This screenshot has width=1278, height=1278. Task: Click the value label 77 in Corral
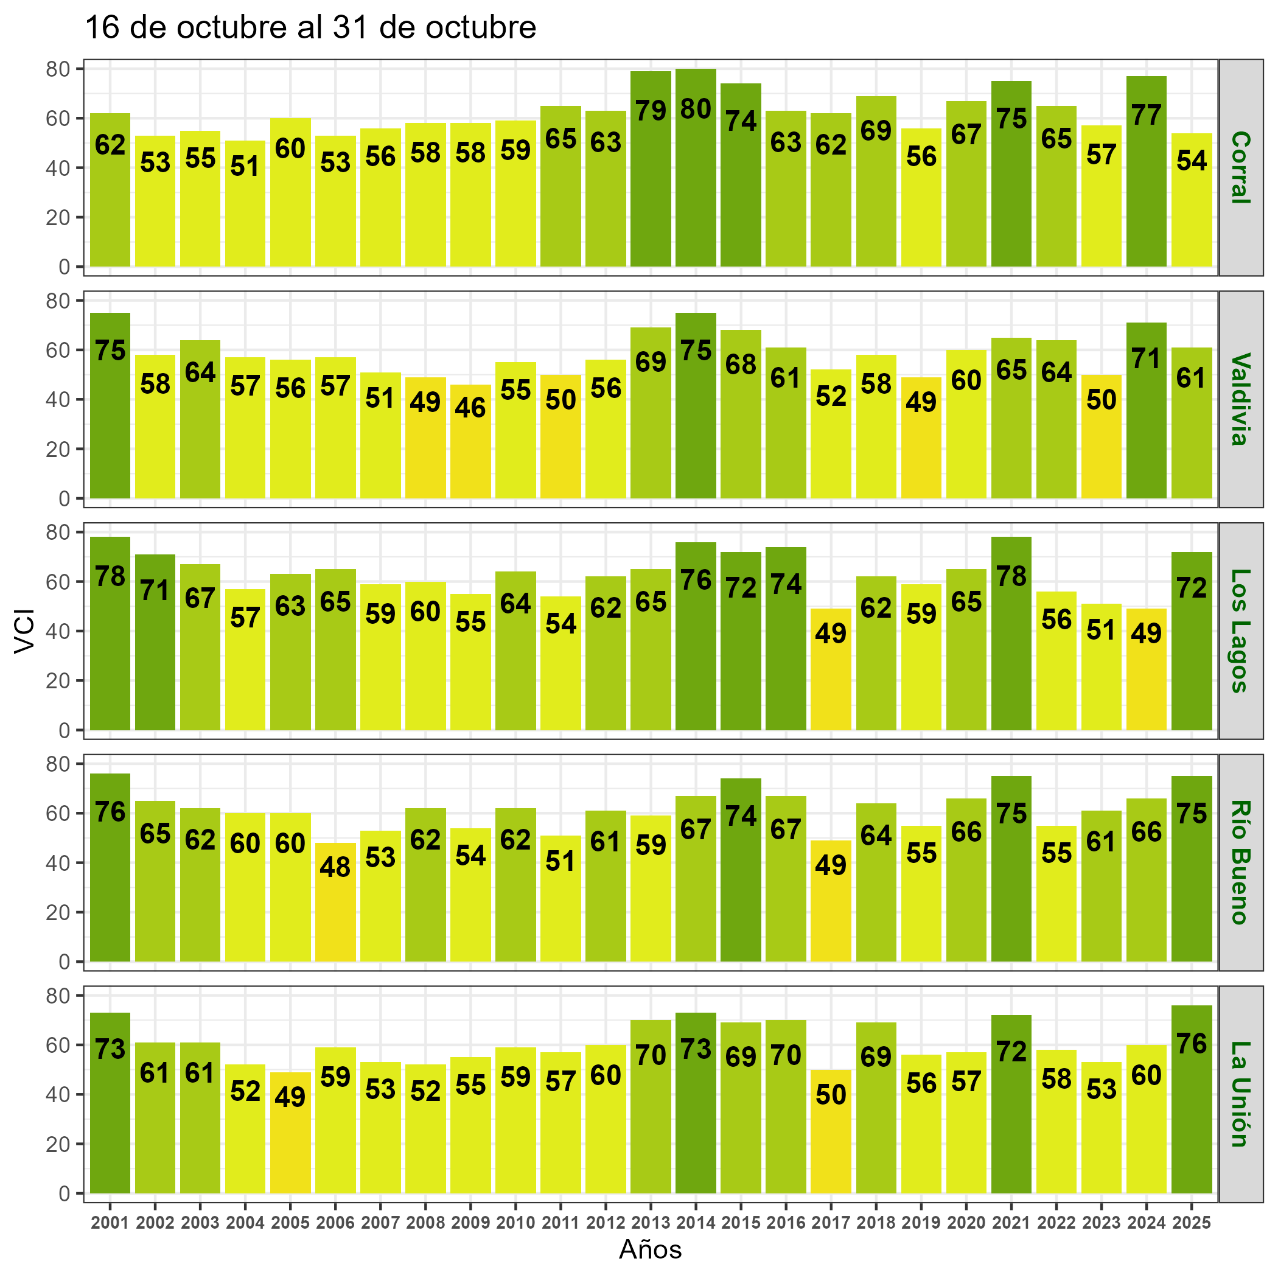(x=1146, y=116)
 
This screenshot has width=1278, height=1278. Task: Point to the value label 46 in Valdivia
(x=470, y=408)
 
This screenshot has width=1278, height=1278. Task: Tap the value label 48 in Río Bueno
(x=335, y=867)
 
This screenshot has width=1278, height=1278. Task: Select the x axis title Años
(x=650, y=1249)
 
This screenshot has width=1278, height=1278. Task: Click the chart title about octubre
(x=311, y=28)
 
